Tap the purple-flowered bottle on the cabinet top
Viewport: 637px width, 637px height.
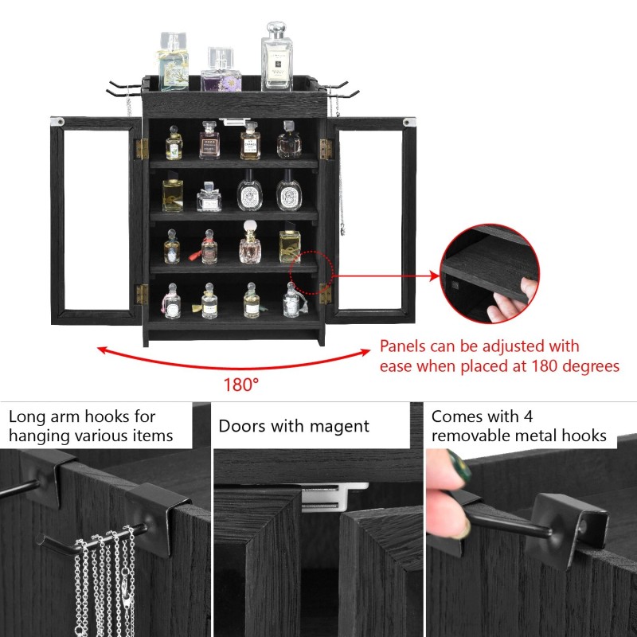pyautogui.click(x=221, y=72)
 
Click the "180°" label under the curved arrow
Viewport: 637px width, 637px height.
pyautogui.click(x=240, y=385)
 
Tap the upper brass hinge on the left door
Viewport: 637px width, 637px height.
pyautogui.click(x=142, y=148)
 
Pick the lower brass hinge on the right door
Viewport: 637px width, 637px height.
pyautogui.click(x=325, y=293)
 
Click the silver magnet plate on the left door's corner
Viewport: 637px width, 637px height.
pyautogui.click(x=57, y=122)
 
